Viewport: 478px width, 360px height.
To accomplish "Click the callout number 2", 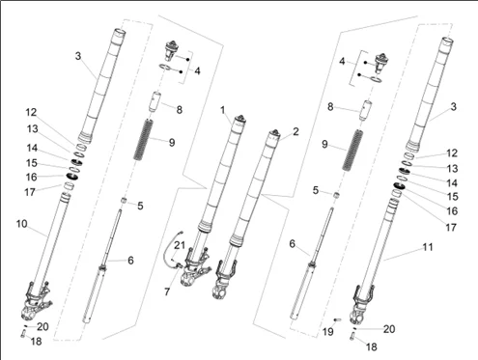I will [295, 130].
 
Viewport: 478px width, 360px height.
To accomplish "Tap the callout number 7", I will [168, 291].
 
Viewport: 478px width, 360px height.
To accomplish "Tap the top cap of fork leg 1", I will [237, 123].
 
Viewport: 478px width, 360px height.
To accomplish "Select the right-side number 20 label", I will [390, 329].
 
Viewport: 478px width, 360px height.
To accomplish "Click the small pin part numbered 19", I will [338, 318].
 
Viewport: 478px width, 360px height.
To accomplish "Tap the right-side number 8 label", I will [329, 106].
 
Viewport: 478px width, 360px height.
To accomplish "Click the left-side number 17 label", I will [30, 191].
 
